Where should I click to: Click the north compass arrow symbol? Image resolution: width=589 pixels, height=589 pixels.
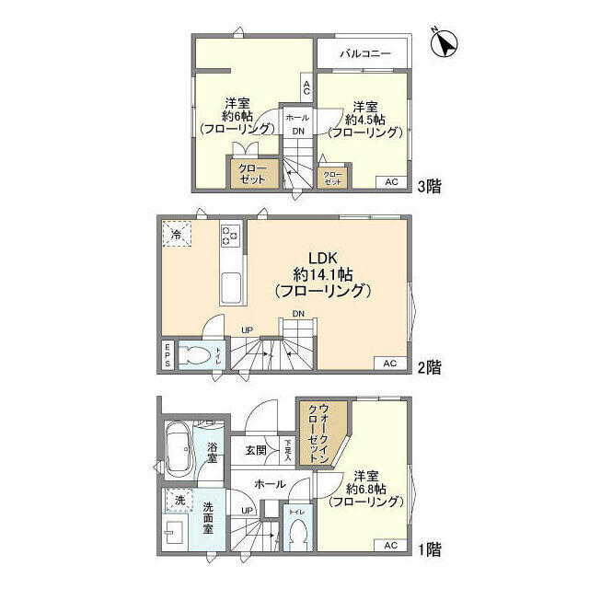tap(446, 42)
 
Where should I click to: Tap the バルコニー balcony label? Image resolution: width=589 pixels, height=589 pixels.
tap(365, 53)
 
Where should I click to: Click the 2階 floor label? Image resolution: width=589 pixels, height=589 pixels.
tap(428, 367)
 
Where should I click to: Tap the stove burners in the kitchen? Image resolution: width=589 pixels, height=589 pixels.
tap(230, 237)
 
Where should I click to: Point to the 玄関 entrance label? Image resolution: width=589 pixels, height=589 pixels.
tap(256, 451)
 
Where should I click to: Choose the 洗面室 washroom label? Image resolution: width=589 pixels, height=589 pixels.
tap(211, 513)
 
